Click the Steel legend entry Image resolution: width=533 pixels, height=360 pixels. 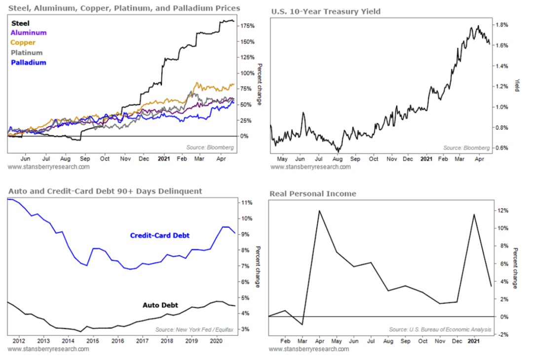[20, 23]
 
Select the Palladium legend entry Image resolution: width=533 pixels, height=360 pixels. [28, 63]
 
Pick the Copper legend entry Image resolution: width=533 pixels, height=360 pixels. [23, 43]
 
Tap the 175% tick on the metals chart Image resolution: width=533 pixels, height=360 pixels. [247, 26]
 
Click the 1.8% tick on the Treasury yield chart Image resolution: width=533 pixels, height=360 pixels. [502, 25]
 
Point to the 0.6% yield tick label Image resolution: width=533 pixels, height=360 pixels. [502, 148]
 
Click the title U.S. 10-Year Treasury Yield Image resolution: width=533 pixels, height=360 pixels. [326, 11]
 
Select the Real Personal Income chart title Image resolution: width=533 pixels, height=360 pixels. [313, 194]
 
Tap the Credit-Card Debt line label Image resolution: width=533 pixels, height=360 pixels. [159, 236]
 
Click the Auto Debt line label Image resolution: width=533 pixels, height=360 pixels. [160, 305]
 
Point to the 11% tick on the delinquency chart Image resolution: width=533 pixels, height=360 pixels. [246, 203]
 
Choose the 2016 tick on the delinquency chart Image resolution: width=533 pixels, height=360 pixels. [117, 340]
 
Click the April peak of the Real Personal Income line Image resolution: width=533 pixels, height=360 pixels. [319, 211]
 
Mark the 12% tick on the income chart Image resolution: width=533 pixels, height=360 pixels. [502, 211]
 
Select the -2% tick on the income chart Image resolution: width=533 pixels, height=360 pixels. [502, 334]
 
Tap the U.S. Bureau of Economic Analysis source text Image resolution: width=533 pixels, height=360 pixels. [440, 329]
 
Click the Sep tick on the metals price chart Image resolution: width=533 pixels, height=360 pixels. [84, 159]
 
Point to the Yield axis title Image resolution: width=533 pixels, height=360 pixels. [517, 85]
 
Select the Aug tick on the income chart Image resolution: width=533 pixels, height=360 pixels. [388, 341]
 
